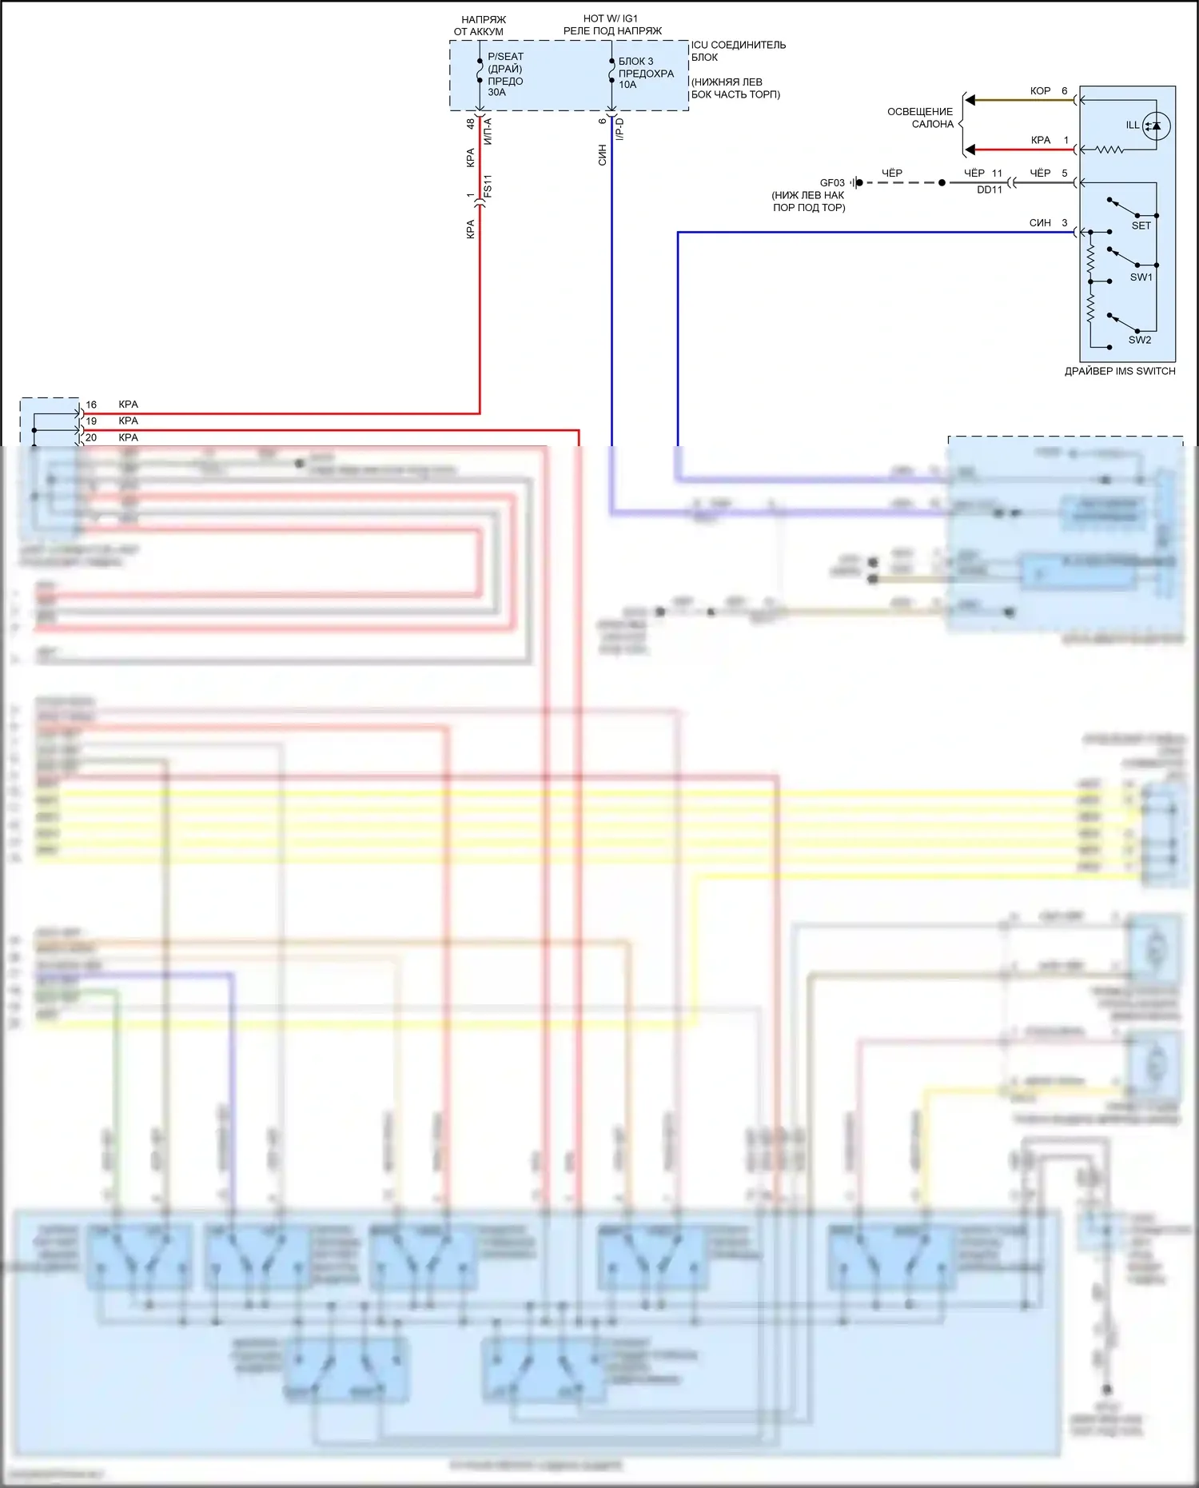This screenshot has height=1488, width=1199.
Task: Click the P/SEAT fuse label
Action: coord(505,57)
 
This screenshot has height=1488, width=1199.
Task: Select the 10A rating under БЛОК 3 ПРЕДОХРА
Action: coord(627,85)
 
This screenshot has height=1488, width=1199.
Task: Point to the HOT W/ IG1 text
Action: coord(611,18)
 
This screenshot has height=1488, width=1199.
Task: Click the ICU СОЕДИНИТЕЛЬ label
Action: coord(739,46)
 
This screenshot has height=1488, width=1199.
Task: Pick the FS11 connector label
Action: coord(488,186)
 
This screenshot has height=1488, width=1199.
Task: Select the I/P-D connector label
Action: coord(619,130)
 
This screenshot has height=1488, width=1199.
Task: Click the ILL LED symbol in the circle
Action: coord(1156,126)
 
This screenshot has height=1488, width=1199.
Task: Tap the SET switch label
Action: coord(1141,225)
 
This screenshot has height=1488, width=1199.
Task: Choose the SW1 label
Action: coord(1141,277)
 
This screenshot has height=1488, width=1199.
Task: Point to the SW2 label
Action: coord(1139,340)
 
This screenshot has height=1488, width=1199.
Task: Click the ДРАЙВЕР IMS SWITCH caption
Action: coord(1119,371)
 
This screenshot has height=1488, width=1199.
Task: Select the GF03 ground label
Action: coord(832,183)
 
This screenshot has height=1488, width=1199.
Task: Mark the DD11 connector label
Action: coord(989,190)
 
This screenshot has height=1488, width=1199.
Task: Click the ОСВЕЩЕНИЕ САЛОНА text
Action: coord(921,118)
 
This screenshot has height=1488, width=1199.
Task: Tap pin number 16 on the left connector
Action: coord(91,405)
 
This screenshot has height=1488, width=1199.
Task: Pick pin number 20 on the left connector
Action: coord(91,437)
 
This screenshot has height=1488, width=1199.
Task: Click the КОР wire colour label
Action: coord(1040,91)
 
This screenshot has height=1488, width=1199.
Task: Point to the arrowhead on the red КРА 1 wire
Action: coord(970,150)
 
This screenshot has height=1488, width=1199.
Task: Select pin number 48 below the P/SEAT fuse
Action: coord(470,124)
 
